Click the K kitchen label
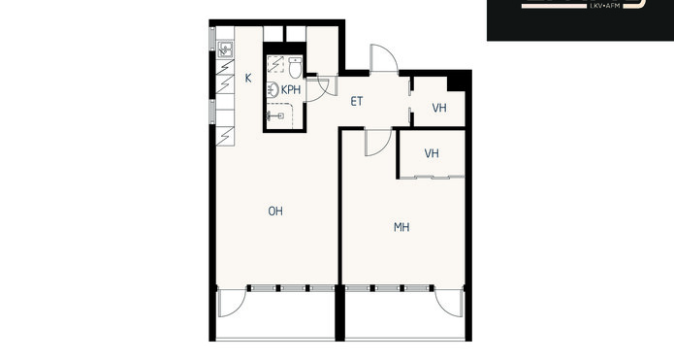pos(248,79)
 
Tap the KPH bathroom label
pos(291,90)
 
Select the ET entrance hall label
pos(357,102)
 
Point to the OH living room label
pos(275,212)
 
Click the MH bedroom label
pos(401,227)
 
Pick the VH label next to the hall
pos(439,108)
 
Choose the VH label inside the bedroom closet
pos(432,153)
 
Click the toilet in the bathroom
pos(295,68)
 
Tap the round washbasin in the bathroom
pos(273,90)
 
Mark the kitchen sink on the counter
pos(225,49)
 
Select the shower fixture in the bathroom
pos(274,115)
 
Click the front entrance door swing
pos(384,58)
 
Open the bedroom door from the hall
pos(378,142)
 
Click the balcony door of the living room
pos(232,303)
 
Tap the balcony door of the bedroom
pos(449,303)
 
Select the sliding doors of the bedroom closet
pos(432,177)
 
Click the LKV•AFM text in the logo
pos(605,6)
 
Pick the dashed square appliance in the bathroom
pos(275,64)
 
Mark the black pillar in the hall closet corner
pos(457,83)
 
